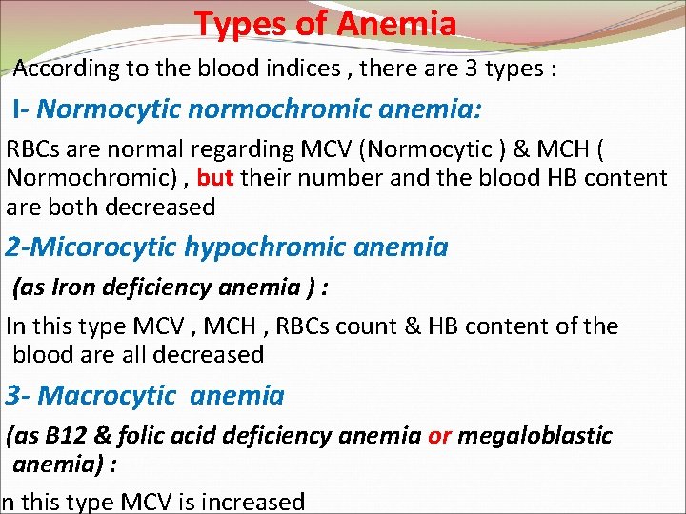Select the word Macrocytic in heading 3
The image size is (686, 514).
(x=107, y=395)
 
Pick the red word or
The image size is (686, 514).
(x=439, y=436)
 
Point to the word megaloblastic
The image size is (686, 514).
(x=535, y=436)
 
